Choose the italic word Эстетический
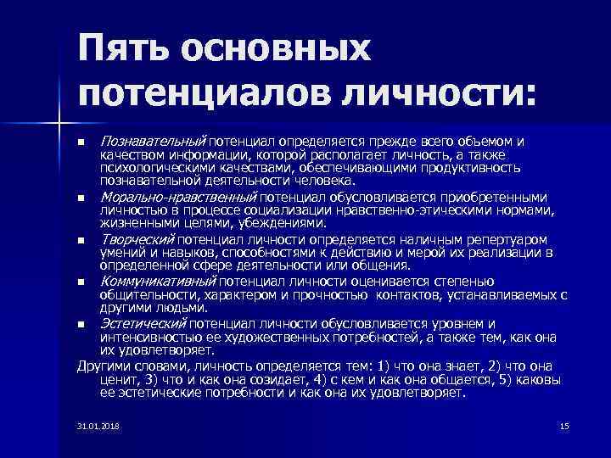click(143, 323)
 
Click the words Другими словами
click(117, 366)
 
